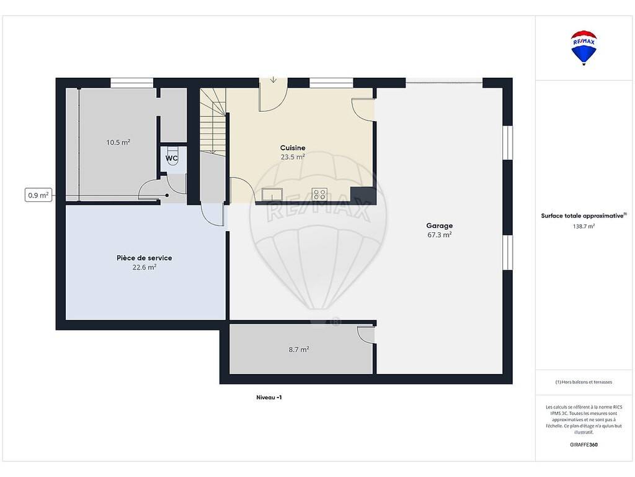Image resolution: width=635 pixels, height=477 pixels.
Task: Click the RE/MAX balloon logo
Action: click(x=584, y=47)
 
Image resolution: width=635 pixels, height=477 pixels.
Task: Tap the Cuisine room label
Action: click(x=293, y=148)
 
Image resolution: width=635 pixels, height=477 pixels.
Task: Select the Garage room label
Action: click(x=440, y=226)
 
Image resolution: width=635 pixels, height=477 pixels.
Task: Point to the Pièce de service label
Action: click(x=144, y=258)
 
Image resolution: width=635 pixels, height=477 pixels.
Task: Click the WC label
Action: click(x=171, y=158)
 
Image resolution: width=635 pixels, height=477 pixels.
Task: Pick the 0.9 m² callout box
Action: click(x=38, y=195)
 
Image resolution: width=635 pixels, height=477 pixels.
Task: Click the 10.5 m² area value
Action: click(x=118, y=142)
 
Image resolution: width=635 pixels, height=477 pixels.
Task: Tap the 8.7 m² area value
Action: click(x=299, y=349)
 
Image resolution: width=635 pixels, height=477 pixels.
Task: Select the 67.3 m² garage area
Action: click(x=440, y=235)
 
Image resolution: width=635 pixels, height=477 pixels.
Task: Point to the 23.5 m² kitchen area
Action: click(x=293, y=157)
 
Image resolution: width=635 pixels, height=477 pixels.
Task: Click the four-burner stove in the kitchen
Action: click(x=319, y=194)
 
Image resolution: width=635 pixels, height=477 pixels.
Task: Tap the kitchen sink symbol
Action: click(x=272, y=194)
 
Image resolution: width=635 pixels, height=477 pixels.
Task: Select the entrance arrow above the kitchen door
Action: click(x=273, y=79)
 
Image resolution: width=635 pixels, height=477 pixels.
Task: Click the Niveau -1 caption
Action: click(x=269, y=397)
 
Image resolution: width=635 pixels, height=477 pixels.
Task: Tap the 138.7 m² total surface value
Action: click(x=584, y=226)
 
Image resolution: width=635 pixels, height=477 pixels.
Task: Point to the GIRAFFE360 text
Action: click(x=584, y=445)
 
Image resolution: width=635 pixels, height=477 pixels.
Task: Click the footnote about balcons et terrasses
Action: click(x=584, y=382)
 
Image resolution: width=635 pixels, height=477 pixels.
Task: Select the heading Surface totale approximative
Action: click(x=584, y=216)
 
